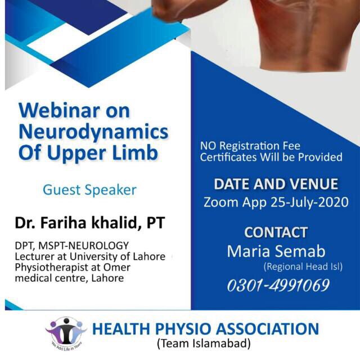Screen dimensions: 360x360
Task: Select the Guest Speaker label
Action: pos(89,190)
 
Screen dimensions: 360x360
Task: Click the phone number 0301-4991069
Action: pos(278,285)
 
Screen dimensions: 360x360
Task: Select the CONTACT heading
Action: pos(276,232)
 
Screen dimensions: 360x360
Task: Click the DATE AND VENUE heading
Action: pos(276,184)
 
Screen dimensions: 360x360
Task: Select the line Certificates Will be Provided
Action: pos(271,157)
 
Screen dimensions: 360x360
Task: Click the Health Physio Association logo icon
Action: pos(66,332)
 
